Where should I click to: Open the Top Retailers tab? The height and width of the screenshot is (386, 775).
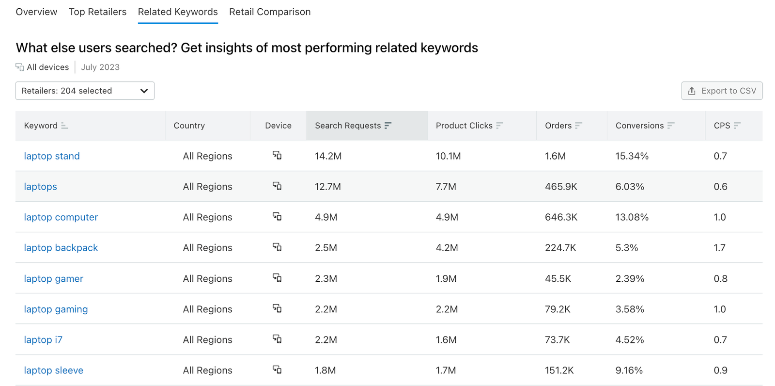pyautogui.click(x=97, y=12)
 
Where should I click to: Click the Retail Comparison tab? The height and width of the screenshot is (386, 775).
pyautogui.click(x=270, y=12)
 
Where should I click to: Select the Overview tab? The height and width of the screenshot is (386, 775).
pyautogui.click(x=36, y=12)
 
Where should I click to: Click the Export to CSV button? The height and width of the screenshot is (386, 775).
pyautogui.click(x=722, y=91)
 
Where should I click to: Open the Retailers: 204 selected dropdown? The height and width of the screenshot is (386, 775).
pyautogui.click(x=85, y=91)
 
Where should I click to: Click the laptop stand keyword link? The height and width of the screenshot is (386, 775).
pyautogui.click(x=52, y=156)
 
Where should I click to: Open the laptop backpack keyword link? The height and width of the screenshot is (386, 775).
pyautogui.click(x=61, y=248)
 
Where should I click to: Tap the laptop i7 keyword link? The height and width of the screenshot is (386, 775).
pyautogui.click(x=43, y=340)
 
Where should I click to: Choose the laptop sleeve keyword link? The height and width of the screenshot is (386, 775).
pyautogui.click(x=54, y=370)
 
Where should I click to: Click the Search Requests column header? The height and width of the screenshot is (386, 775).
pyautogui.click(x=348, y=126)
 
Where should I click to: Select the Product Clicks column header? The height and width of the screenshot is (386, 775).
pyautogui.click(x=464, y=126)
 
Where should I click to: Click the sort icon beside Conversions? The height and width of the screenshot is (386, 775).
pyautogui.click(x=671, y=126)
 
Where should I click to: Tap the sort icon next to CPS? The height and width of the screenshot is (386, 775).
pyautogui.click(x=737, y=126)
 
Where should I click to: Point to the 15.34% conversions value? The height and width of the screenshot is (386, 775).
pyautogui.click(x=632, y=156)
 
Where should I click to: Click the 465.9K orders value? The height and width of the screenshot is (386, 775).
pyautogui.click(x=561, y=187)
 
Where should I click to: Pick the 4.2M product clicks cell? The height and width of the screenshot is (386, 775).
pyautogui.click(x=447, y=248)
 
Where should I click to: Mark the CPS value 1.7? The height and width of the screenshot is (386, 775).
pyautogui.click(x=720, y=248)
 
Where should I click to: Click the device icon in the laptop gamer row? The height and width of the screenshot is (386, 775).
pyautogui.click(x=277, y=278)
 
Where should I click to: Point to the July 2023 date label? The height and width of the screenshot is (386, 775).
pyautogui.click(x=100, y=67)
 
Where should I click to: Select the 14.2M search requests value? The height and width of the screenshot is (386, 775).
pyautogui.click(x=328, y=156)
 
